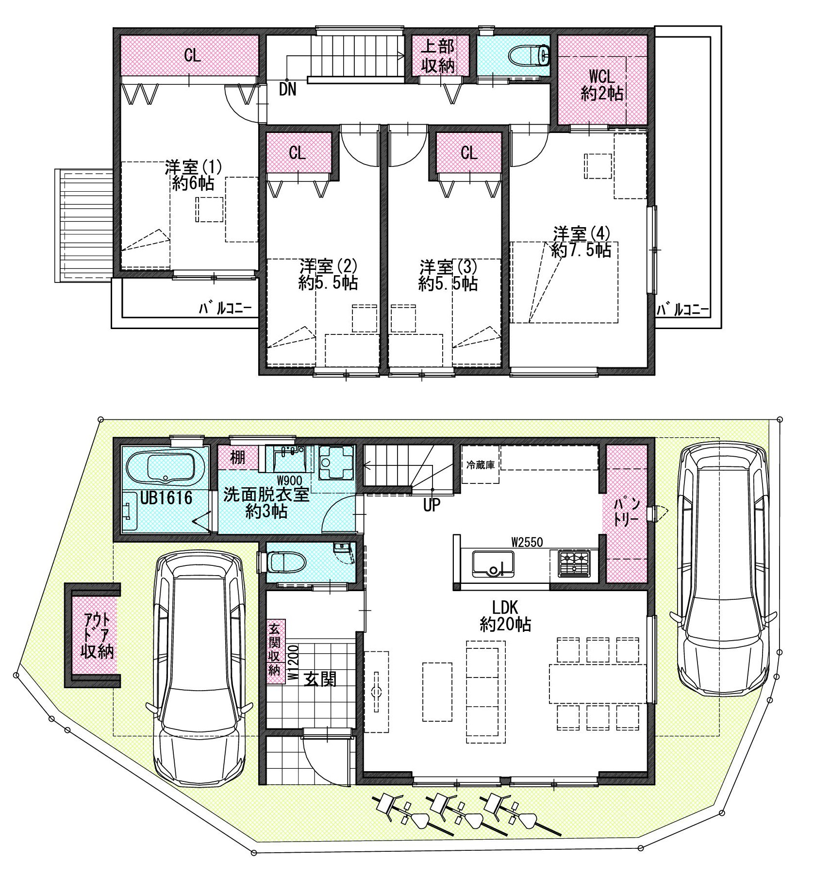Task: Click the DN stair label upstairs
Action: [288, 90]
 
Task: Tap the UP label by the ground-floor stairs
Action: [432, 505]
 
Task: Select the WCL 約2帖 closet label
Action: [602, 85]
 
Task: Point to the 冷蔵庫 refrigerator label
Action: [480, 465]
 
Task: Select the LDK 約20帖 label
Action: [505, 616]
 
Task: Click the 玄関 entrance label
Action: [320, 679]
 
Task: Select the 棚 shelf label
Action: [237, 457]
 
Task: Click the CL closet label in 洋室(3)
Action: [468, 153]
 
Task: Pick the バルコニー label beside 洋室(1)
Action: [225, 309]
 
